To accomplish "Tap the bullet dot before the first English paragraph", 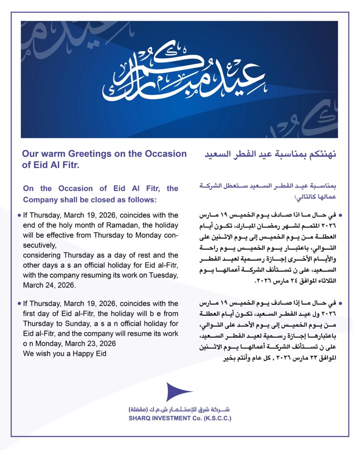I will (x=19, y=215).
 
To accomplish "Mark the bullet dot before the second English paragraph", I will (x=19, y=303).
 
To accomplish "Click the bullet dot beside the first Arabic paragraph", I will (x=340, y=214).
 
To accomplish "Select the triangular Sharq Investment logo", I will (x=178, y=392).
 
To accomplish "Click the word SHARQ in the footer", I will (x=139, y=418).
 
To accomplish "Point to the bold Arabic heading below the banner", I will (x=270, y=154).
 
